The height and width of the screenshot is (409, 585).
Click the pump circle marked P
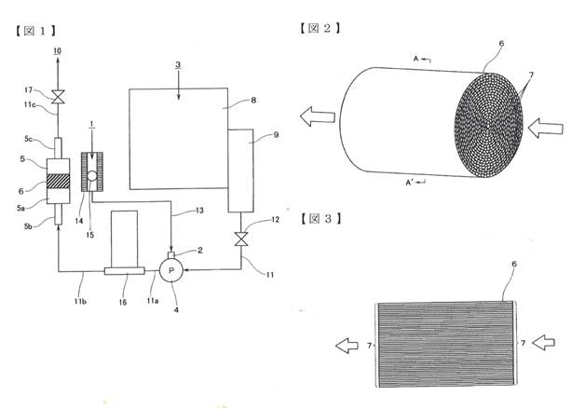click(x=171, y=270)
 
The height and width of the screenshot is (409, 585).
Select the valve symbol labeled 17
click(x=58, y=97)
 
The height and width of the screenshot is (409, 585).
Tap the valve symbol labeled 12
click(x=241, y=239)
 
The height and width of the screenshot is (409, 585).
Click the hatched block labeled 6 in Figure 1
click(x=58, y=181)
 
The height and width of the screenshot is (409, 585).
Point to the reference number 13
click(x=199, y=211)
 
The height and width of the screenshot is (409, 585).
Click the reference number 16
click(x=123, y=302)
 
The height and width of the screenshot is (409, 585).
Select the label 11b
click(x=80, y=301)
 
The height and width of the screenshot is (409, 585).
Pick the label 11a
click(x=152, y=300)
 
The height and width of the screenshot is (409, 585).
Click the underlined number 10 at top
click(x=58, y=51)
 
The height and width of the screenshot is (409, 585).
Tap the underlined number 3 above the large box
click(x=178, y=64)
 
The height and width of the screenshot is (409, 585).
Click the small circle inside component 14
click(x=92, y=175)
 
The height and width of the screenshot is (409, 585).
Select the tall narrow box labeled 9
click(x=240, y=170)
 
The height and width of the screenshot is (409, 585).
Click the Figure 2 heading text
click(x=320, y=28)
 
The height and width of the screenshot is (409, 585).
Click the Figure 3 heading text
click(x=320, y=218)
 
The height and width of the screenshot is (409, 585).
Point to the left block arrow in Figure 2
click(x=318, y=116)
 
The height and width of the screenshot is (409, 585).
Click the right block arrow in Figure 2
click(x=546, y=128)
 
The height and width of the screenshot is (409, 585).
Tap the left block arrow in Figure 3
click(x=347, y=346)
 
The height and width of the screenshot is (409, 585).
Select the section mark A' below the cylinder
click(x=415, y=183)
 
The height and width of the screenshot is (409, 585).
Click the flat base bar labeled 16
click(x=124, y=271)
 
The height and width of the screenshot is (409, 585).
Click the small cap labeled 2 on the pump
click(x=171, y=255)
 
